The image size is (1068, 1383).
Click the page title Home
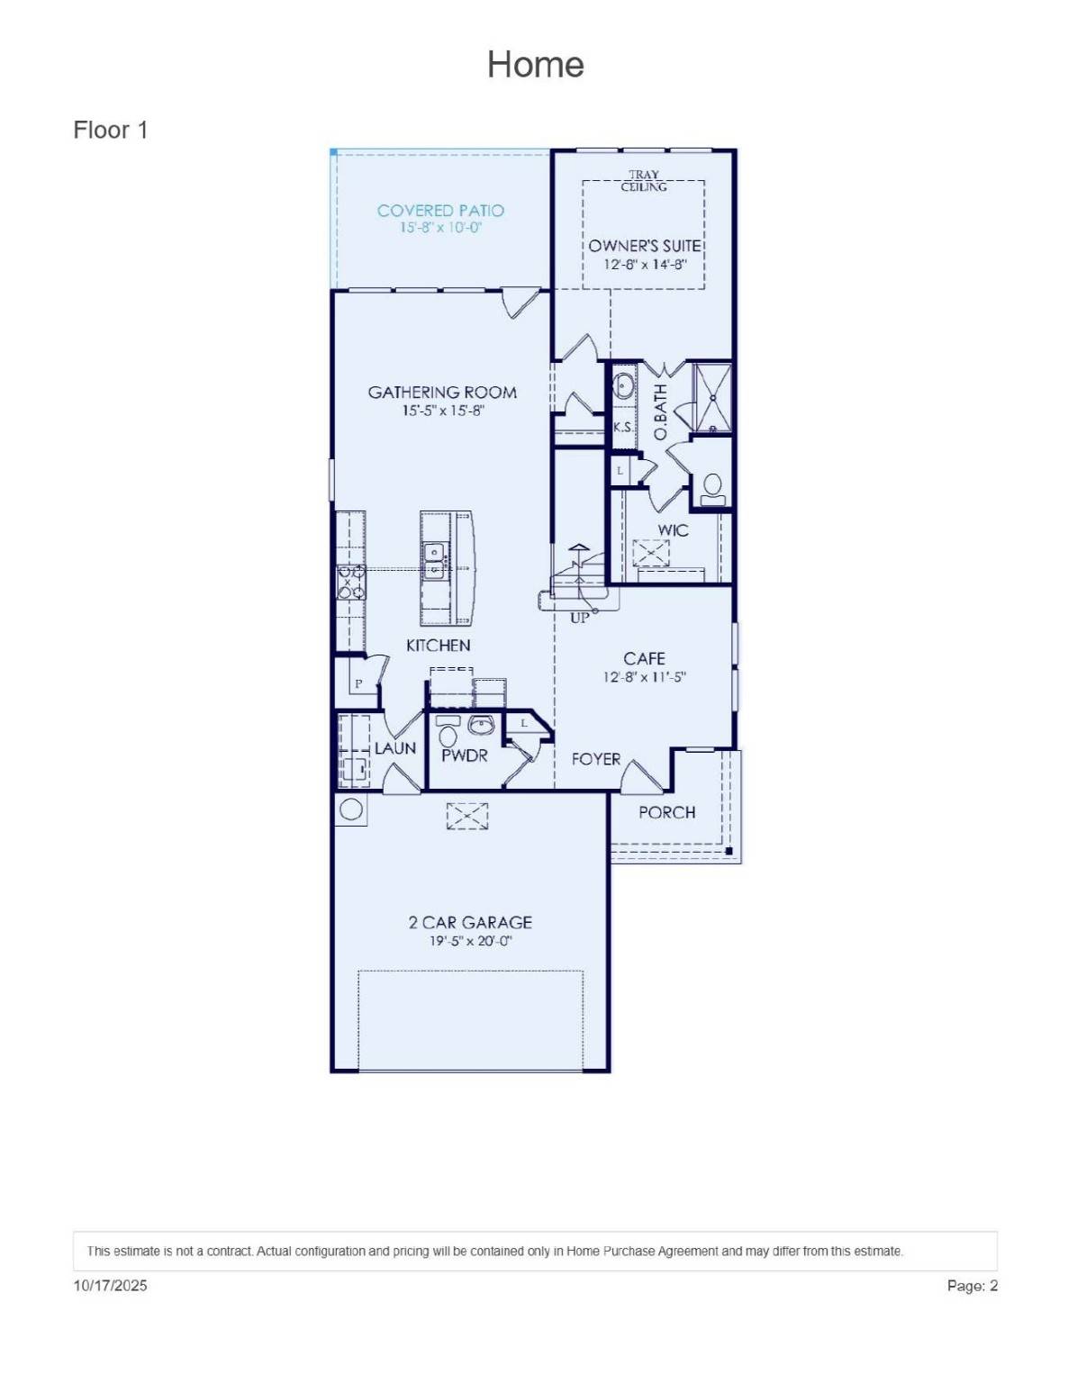click(x=535, y=65)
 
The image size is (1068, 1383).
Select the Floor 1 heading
click(x=110, y=131)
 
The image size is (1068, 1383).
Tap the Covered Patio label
click(x=440, y=211)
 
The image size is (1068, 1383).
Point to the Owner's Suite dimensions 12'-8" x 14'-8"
click(x=645, y=265)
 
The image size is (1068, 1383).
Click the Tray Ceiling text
click(x=644, y=181)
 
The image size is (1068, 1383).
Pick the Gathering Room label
click(x=442, y=393)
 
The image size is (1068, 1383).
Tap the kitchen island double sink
click(x=435, y=560)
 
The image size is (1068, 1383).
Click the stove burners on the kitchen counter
click(x=350, y=582)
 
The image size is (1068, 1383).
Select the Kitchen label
click(x=438, y=646)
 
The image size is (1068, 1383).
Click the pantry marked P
click(x=358, y=684)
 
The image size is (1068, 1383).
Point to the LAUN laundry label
click(x=395, y=748)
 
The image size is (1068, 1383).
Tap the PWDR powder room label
click(x=464, y=756)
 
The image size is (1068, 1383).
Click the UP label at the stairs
click(x=579, y=618)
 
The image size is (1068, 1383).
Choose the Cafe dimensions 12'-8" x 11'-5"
click(x=644, y=677)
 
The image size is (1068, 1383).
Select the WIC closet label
click(x=673, y=530)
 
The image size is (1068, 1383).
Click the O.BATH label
click(x=660, y=412)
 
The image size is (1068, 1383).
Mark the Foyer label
click(x=595, y=759)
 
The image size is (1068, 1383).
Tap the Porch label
click(x=666, y=812)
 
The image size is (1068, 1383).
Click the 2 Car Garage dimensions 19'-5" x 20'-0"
click(x=470, y=941)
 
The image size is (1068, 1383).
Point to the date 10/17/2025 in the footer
click(x=110, y=1286)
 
